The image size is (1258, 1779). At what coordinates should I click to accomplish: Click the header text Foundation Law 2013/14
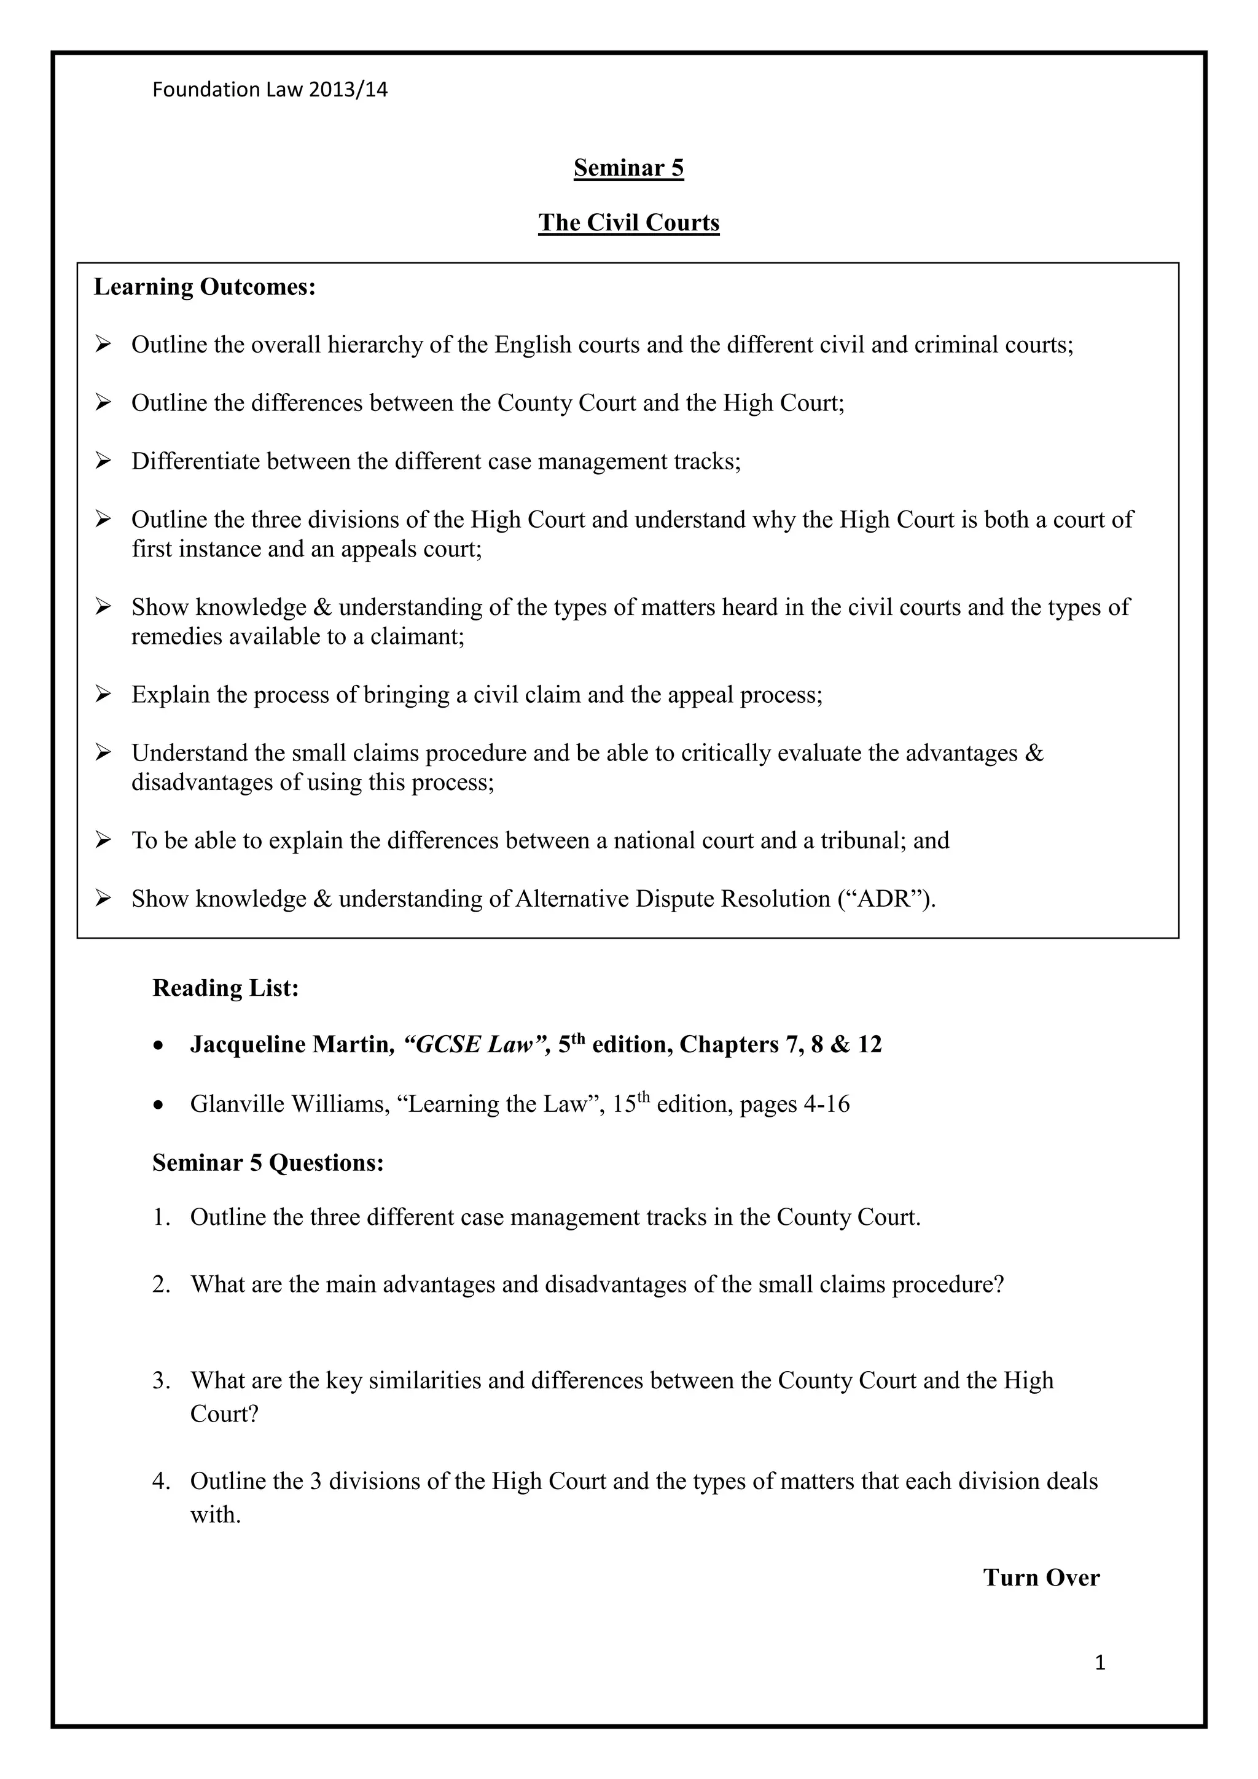tap(270, 90)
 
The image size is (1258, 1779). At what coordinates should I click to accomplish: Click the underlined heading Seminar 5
tap(628, 168)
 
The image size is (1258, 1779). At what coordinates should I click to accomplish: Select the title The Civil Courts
tap(628, 222)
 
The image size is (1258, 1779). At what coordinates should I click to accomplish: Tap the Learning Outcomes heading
tap(205, 287)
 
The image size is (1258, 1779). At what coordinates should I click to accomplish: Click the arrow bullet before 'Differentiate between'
tap(103, 461)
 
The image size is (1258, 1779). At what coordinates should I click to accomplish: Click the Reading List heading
tap(225, 988)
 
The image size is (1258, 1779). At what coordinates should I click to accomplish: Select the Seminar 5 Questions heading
tap(268, 1163)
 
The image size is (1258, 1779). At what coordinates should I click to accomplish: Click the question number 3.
tap(160, 1381)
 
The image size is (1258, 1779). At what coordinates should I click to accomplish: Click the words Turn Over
tap(1041, 1578)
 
